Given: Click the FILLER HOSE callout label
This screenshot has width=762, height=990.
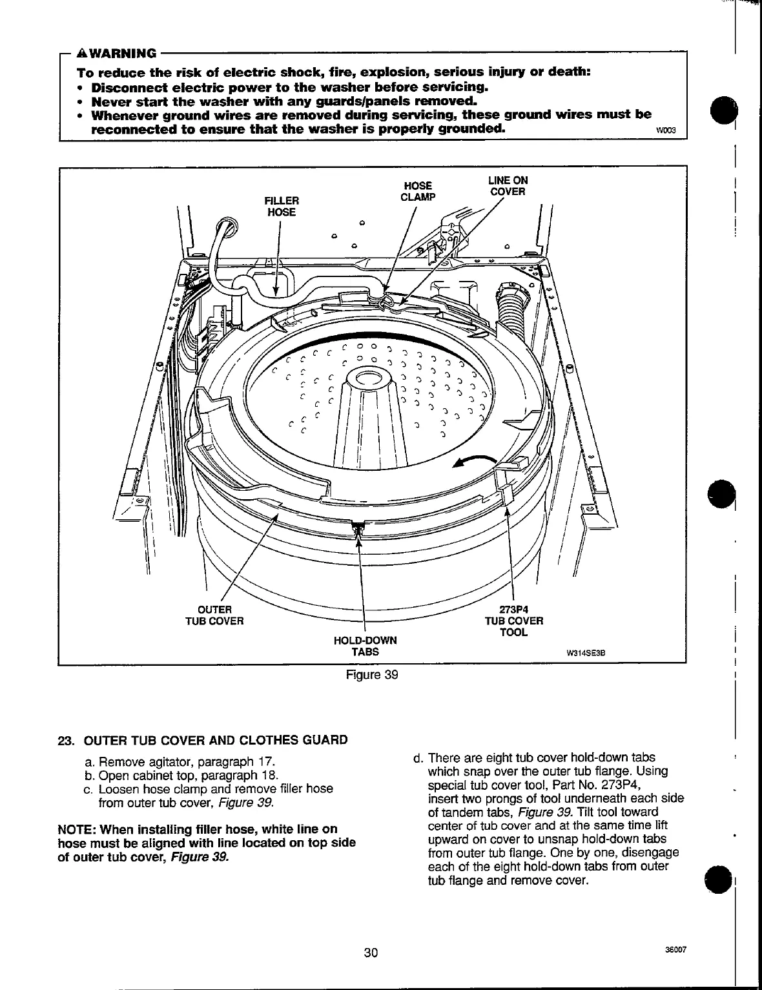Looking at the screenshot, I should click(282, 206).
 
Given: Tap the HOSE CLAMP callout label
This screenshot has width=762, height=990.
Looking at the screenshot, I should click(418, 192).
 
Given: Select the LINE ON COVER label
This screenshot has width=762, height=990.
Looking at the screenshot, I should click(508, 186).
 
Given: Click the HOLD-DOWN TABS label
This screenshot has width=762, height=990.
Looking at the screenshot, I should click(365, 646).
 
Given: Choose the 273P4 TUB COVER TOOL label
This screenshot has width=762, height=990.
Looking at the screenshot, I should click(514, 621).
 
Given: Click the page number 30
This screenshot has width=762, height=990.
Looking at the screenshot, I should click(370, 953).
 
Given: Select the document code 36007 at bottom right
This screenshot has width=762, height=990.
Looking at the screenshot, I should click(674, 949).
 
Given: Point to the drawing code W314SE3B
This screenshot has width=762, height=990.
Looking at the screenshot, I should click(584, 652).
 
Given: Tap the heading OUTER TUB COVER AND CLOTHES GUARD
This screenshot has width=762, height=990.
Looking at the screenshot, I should click(216, 740).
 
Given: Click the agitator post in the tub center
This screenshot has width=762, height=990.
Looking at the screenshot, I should click(366, 413).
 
